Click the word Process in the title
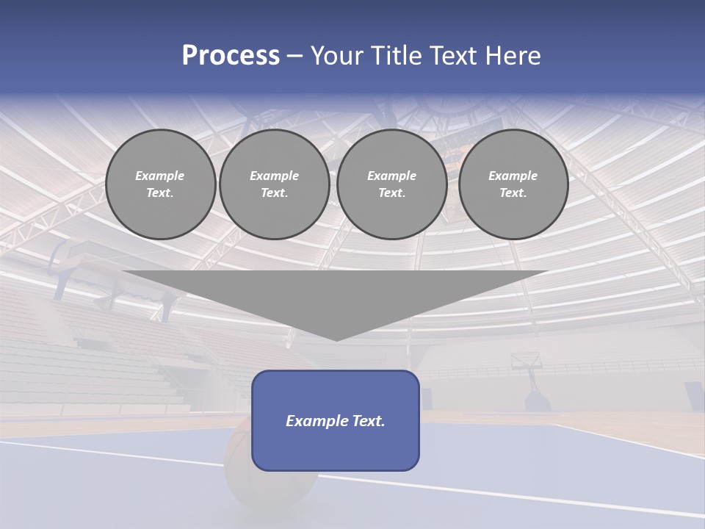click(231, 56)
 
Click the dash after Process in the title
click(295, 57)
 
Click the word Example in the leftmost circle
click(160, 176)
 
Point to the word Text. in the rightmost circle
click(513, 192)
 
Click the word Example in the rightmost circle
click(513, 176)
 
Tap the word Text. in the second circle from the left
click(275, 192)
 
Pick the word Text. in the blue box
click(369, 421)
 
